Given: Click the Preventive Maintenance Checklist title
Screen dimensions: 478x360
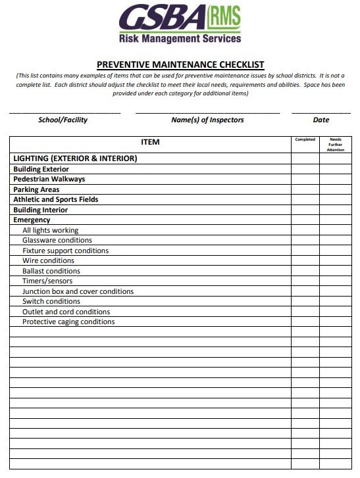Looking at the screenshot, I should click(x=180, y=64).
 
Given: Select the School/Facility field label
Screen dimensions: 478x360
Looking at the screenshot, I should click(x=63, y=120).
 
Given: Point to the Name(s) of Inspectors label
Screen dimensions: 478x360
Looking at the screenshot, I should click(x=207, y=120).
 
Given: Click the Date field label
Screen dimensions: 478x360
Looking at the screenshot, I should click(x=321, y=120).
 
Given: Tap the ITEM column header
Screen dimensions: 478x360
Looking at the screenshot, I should click(x=150, y=142).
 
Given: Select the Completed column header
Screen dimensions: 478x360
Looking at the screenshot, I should click(x=305, y=139).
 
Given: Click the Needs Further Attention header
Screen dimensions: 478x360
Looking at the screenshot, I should click(x=336, y=145).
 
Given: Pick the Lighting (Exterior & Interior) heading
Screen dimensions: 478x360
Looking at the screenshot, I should click(x=75, y=158).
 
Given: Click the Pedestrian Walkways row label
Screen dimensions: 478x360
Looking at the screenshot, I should click(x=49, y=179).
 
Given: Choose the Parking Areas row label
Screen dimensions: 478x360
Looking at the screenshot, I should click(x=36, y=189).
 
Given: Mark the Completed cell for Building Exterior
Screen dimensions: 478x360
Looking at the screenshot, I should click(x=305, y=169).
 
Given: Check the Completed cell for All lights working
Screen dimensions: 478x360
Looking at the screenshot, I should click(x=305, y=230).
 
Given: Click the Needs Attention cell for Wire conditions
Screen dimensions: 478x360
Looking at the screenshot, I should click(x=336, y=260).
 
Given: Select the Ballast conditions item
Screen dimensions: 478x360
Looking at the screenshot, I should click(x=51, y=271).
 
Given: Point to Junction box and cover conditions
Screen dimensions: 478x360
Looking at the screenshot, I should click(x=78, y=291).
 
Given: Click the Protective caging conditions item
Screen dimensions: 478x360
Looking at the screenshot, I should click(x=68, y=322).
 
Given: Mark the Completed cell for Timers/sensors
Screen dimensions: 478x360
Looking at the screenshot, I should click(x=305, y=281).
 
